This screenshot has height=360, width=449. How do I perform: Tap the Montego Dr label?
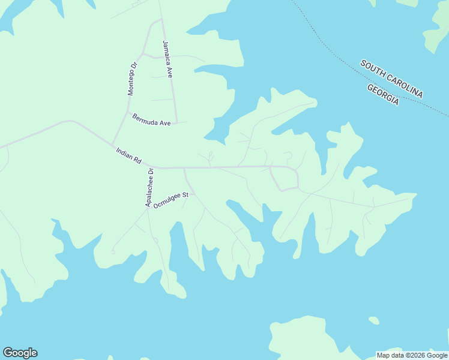pyautogui.click(x=133, y=79)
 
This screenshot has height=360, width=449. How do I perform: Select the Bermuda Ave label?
pyautogui.click(x=152, y=119)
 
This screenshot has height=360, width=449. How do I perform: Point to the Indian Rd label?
pyautogui.click(x=128, y=157)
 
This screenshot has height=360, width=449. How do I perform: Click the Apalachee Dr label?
pyautogui.click(x=149, y=188)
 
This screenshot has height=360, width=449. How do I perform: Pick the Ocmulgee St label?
pyautogui.click(x=171, y=200)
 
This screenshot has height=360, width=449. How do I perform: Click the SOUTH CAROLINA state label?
pyautogui.click(x=391, y=79)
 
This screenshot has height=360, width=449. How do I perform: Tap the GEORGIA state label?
pyautogui.click(x=383, y=95)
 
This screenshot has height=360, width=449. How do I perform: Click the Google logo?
pyautogui.click(x=20, y=353)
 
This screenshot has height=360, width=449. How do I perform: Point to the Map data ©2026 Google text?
pyautogui.click(x=412, y=355)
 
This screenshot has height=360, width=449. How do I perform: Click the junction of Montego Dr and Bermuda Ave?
pyautogui.click(x=127, y=112)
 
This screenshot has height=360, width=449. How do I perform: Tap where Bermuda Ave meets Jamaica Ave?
pyautogui.click(x=176, y=122)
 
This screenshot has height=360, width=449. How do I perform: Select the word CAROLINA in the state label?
pyautogui.click(x=404, y=85)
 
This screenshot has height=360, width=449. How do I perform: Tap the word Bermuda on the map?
pyautogui.click(x=145, y=118)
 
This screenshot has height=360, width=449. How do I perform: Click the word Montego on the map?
pyautogui.click(x=132, y=83)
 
